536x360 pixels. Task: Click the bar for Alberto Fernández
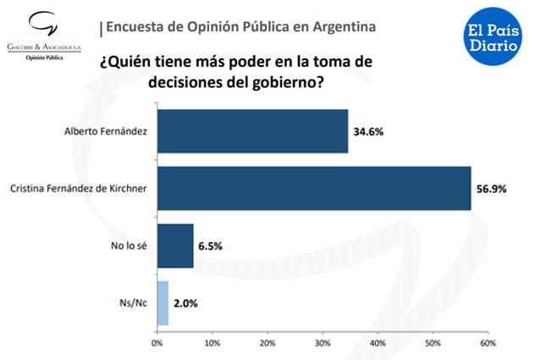[x=252, y=131]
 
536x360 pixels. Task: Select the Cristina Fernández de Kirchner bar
[x=313, y=188]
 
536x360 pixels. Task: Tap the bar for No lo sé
[x=175, y=246]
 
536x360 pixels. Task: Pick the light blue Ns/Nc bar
[x=163, y=302]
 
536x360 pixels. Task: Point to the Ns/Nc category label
[x=132, y=303]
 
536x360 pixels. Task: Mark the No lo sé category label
[x=130, y=246]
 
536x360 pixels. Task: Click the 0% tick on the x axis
[x=157, y=343]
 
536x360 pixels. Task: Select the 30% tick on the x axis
[x=323, y=343]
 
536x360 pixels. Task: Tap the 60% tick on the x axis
[x=488, y=343]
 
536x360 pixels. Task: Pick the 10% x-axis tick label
[x=212, y=343]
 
